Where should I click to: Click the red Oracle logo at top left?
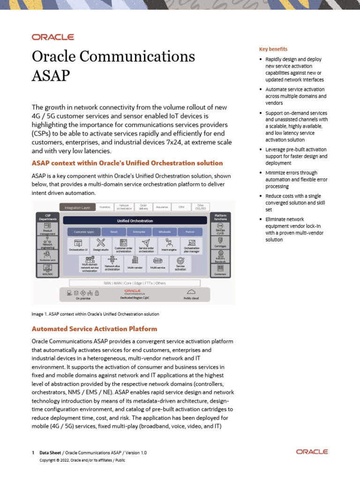tap(52, 37)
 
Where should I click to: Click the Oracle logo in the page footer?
tap(312, 451)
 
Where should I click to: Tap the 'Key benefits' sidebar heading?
tap(273, 49)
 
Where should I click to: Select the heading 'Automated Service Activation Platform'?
tap(94, 329)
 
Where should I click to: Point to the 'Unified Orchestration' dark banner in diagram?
tap(135, 220)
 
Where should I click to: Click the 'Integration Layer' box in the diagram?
tap(77, 207)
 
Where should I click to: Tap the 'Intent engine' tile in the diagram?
tap(169, 245)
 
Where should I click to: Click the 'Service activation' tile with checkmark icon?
tap(180, 263)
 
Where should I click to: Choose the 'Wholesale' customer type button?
tap(165, 232)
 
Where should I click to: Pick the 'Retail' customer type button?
tap(113, 232)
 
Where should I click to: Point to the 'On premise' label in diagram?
tap(83, 298)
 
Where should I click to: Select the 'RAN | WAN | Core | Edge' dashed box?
tap(135, 283)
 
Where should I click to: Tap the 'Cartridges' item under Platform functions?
tap(220, 241)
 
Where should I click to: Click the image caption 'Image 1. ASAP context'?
tap(95, 314)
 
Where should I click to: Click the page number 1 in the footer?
tap(33, 453)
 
